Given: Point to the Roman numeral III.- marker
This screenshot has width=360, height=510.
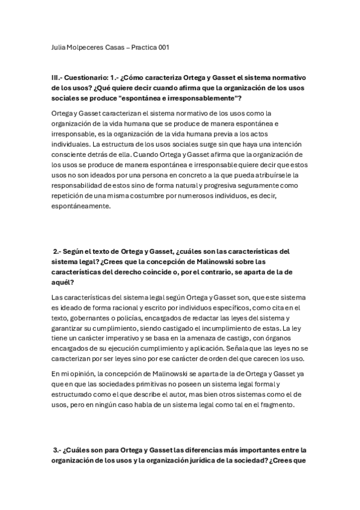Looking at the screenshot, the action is [x=58, y=78].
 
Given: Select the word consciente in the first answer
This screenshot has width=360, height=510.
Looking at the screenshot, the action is [x=69, y=155].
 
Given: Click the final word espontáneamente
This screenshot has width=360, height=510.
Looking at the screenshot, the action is [x=81, y=206].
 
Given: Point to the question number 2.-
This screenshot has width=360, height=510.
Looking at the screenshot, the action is [x=58, y=251].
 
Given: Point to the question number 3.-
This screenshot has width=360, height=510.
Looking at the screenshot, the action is [x=58, y=450].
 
